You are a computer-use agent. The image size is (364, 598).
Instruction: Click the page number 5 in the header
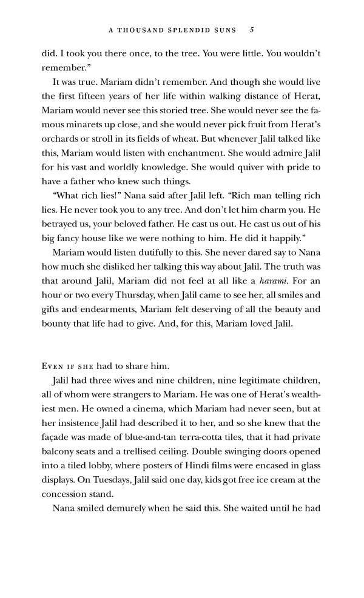point(252,29)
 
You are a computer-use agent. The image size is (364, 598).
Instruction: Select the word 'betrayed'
point(62,224)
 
